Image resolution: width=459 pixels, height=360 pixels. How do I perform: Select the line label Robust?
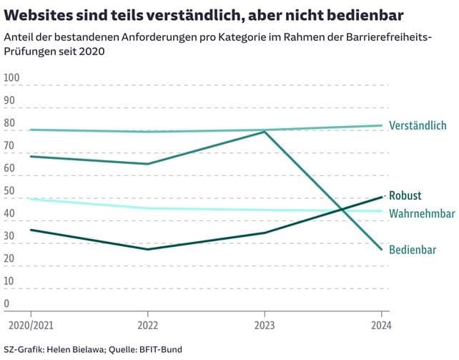tap(405, 195)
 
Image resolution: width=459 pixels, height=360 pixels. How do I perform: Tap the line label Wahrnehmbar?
tap(422, 213)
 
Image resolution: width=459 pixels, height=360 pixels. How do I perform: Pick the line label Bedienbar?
tap(413, 250)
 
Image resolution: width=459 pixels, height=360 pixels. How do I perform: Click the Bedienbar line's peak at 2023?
tap(265, 132)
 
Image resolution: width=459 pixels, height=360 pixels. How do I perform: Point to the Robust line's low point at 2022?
tap(147, 249)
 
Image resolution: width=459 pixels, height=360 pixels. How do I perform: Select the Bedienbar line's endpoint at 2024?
tap(382, 249)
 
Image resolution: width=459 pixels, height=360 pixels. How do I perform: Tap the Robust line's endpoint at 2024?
tap(382, 196)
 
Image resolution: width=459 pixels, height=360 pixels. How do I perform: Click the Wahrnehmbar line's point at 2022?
tap(147, 208)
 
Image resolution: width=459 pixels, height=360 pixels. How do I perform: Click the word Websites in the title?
tap(42, 15)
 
